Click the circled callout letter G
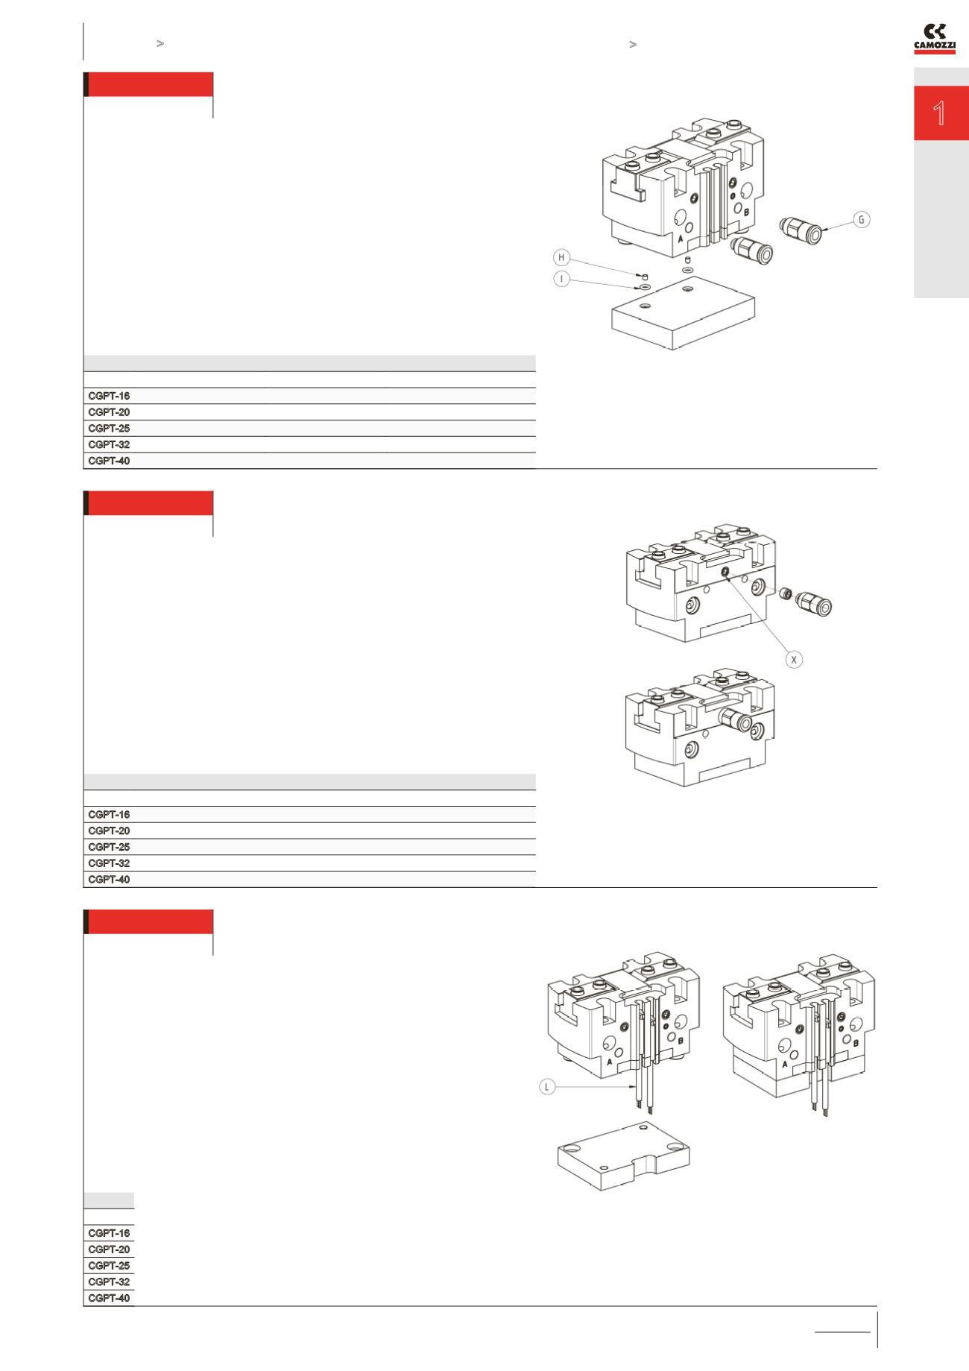(861, 220)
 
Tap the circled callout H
(562, 258)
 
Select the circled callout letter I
(562, 279)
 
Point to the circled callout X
(795, 659)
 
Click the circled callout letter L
(547, 1088)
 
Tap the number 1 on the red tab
(940, 114)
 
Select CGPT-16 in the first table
(109, 396)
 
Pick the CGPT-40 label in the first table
(109, 461)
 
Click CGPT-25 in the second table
(109, 847)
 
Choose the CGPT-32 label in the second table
(109, 863)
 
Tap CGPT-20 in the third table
(109, 1249)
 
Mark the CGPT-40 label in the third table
(109, 1299)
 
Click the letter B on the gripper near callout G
(746, 212)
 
